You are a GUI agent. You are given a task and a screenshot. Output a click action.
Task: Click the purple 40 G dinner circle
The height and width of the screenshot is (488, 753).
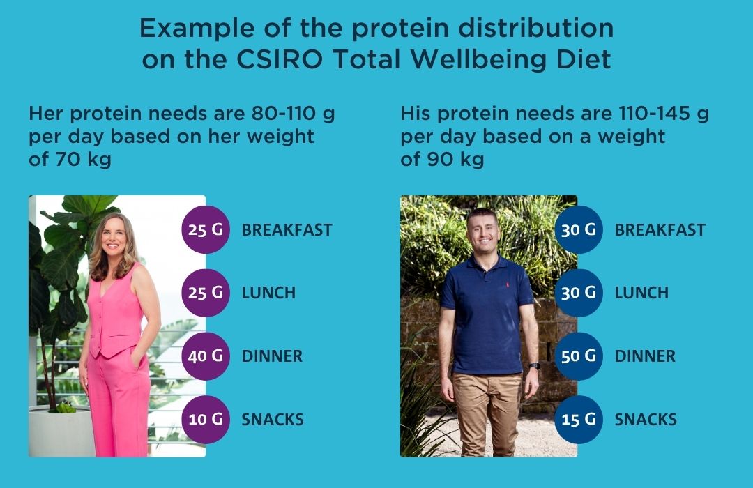[206, 356]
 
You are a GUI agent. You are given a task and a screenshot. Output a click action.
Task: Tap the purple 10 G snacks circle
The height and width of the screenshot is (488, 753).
[206, 419]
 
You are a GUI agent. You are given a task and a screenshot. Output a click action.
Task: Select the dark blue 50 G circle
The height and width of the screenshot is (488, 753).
[579, 356]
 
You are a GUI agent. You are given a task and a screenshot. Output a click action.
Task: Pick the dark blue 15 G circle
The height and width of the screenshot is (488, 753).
[579, 419]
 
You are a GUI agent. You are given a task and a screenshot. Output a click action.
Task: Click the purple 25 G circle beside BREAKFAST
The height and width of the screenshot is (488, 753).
[206, 229]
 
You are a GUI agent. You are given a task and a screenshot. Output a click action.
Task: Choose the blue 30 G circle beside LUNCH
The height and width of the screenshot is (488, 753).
[579, 293]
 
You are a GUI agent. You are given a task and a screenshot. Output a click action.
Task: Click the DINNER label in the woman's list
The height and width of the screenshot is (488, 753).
[272, 356]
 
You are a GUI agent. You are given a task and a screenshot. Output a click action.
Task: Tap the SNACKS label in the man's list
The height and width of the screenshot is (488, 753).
[646, 419]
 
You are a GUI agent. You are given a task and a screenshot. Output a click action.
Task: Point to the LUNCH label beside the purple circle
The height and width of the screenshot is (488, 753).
[268, 293]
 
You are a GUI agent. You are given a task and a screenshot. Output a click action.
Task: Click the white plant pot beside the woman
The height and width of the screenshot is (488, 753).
[61, 431]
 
